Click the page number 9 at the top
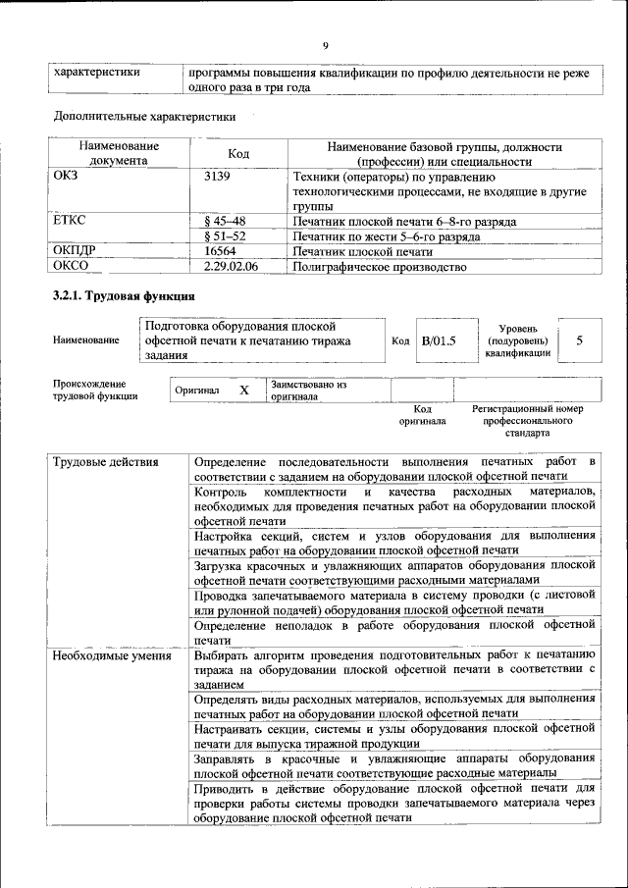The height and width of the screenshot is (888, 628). [325, 44]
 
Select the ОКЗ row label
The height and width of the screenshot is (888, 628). [67, 178]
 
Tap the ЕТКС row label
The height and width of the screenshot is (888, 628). [69, 222]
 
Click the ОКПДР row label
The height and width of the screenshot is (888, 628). [76, 251]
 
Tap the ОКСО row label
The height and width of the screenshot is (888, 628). [71, 266]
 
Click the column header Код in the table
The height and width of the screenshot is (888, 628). [238, 154]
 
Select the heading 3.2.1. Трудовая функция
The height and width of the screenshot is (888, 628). [123, 295]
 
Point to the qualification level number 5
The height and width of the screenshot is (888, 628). [580, 340]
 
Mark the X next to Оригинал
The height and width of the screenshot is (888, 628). [244, 391]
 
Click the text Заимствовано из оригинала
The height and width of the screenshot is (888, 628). [309, 391]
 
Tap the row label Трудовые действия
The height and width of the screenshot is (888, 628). [99, 461]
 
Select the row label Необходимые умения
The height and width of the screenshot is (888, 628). [105, 655]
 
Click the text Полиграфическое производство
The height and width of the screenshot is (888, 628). [379, 266]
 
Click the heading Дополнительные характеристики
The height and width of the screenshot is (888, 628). [144, 117]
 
